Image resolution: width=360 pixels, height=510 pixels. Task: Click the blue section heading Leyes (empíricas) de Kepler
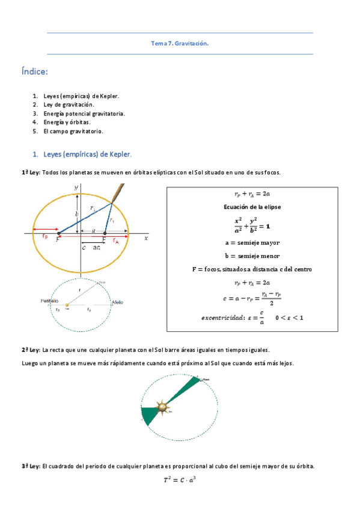88,154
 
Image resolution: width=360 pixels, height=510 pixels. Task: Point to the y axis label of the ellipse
76,188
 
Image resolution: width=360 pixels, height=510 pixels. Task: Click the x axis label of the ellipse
146,238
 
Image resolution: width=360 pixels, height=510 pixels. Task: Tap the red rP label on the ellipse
45,237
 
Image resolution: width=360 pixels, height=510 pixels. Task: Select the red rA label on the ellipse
116,241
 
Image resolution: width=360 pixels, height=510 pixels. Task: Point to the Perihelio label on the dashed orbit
49,300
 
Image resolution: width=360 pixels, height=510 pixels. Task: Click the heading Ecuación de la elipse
252,206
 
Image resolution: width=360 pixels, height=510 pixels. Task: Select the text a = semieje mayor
252,242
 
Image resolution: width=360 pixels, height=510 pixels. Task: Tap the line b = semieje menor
252,256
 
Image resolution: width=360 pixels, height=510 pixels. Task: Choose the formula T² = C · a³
180,480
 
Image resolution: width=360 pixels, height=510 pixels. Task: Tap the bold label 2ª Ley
31,349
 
